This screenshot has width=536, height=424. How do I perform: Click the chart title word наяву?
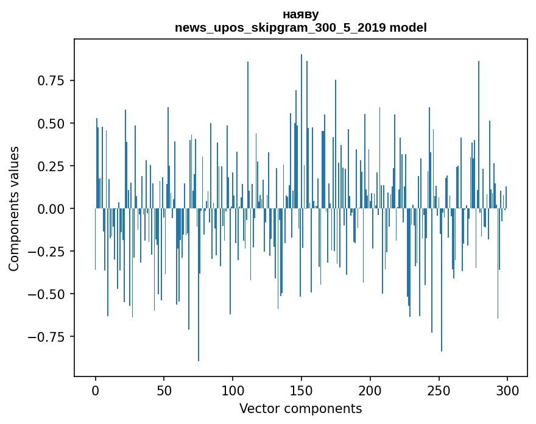(x=300, y=14)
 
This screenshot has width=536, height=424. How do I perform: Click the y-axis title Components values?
(x=14, y=208)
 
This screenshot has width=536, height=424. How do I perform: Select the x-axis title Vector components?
(x=300, y=409)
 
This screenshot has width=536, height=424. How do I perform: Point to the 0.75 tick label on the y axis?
(x=52, y=81)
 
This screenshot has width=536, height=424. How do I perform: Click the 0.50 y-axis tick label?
(x=52, y=124)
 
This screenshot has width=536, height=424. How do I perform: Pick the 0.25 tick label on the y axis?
(x=52, y=166)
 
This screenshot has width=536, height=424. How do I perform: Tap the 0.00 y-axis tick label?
(x=52, y=209)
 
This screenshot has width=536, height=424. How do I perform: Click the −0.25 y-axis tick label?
(x=48, y=252)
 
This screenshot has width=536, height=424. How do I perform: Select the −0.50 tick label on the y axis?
(x=48, y=294)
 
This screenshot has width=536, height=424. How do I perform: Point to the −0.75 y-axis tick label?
(x=48, y=337)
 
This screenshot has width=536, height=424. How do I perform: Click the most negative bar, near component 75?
(x=199, y=305)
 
